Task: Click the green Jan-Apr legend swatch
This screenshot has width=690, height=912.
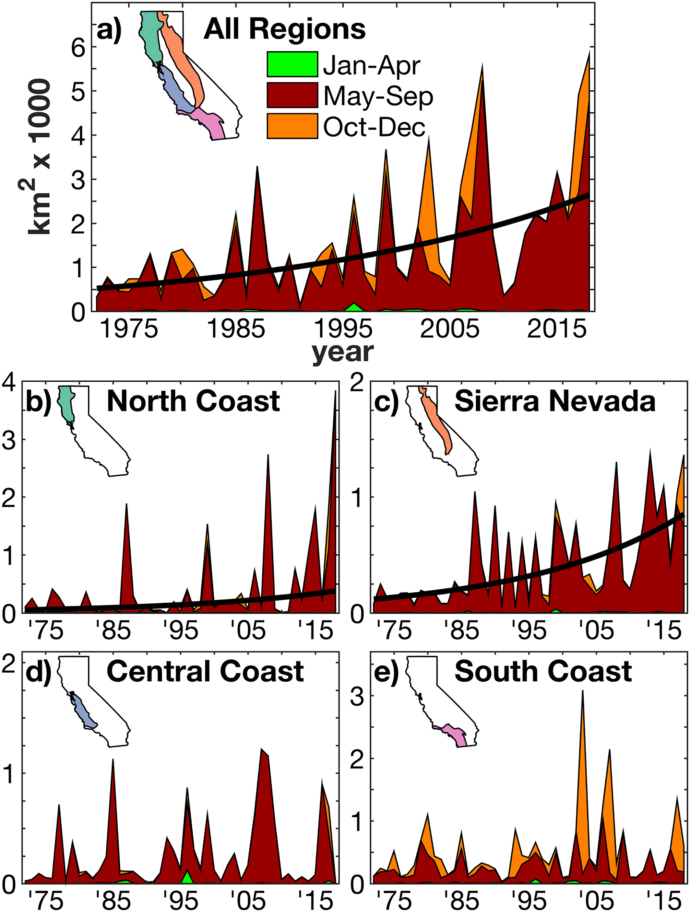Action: (292, 64)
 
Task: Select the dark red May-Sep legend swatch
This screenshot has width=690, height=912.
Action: (292, 95)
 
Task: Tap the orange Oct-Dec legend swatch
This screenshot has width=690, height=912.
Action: (292, 126)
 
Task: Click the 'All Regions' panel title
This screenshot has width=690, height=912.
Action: (285, 30)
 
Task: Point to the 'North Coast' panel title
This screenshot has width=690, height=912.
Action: (193, 401)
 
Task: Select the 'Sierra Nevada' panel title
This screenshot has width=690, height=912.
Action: (555, 401)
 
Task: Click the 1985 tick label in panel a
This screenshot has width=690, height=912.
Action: (236, 329)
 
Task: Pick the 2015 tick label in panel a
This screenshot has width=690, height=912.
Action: (557, 329)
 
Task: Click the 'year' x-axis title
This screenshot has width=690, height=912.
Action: (342, 353)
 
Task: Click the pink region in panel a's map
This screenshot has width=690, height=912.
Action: (210, 124)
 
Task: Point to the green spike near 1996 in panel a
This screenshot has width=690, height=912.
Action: (353, 307)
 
